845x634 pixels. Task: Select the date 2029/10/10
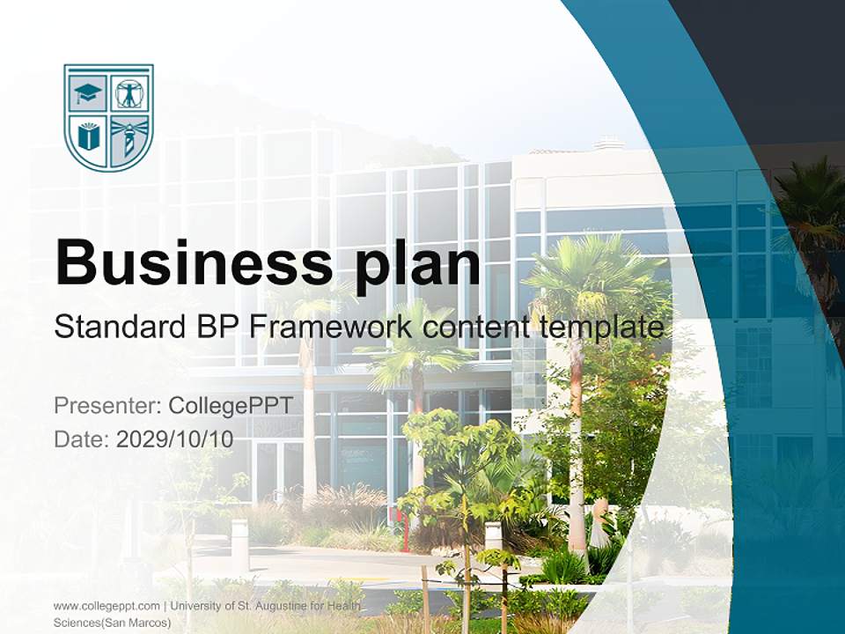click(x=174, y=439)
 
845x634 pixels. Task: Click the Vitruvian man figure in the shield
click(x=130, y=92)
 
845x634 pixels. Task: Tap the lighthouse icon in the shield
click(x=129, y=137)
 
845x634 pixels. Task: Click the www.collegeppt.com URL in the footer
click(x=107, y=606)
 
